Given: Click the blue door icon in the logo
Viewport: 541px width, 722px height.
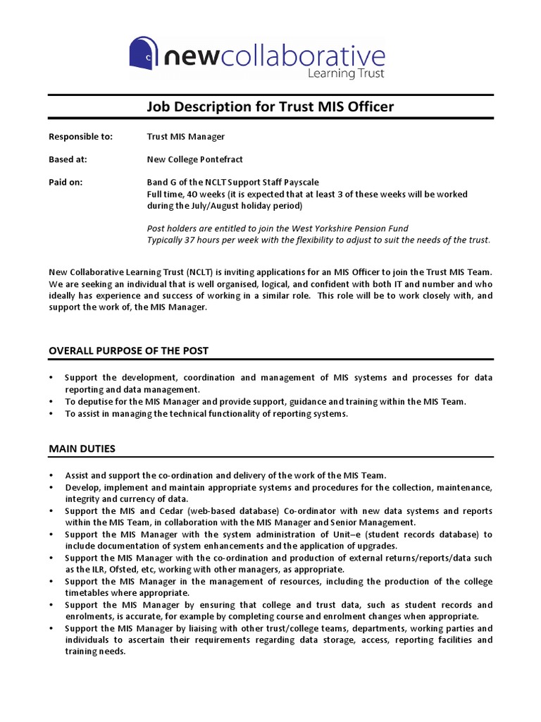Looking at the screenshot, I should pos(144,54).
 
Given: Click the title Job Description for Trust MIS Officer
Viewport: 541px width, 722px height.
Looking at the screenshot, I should pos(270,106).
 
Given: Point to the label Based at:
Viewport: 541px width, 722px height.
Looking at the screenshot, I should pos(68,159).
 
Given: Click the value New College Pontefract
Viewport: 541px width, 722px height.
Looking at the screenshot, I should pos(195,159).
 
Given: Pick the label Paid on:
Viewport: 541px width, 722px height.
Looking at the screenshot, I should pos(66,182).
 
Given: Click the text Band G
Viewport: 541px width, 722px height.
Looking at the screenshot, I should pos(162,182).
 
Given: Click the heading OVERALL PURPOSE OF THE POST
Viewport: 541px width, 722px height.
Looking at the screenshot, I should pos(128,350).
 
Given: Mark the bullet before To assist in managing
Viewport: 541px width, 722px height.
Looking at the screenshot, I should pos(51,414).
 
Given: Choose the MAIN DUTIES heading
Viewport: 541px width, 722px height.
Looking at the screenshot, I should pos(82,448).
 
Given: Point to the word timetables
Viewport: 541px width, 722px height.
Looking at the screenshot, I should pos(89,593).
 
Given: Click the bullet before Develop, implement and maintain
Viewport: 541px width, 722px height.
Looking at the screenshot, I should pos(51,488).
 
